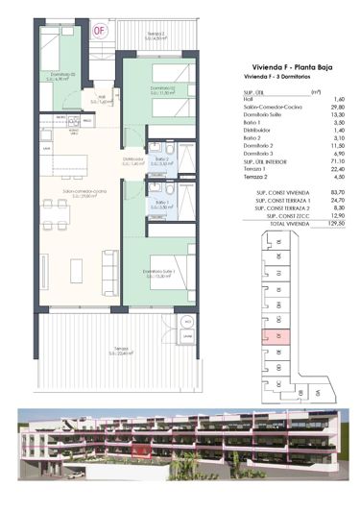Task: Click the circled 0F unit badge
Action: pyautogui.click(x=100, y=28)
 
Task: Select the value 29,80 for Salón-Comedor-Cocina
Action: pyautogui.click(x=338, y=107)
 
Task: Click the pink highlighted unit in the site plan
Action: pyautogui.click(x=280, y=337)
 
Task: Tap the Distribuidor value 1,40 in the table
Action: pyautogui.click(x=339, y=129)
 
